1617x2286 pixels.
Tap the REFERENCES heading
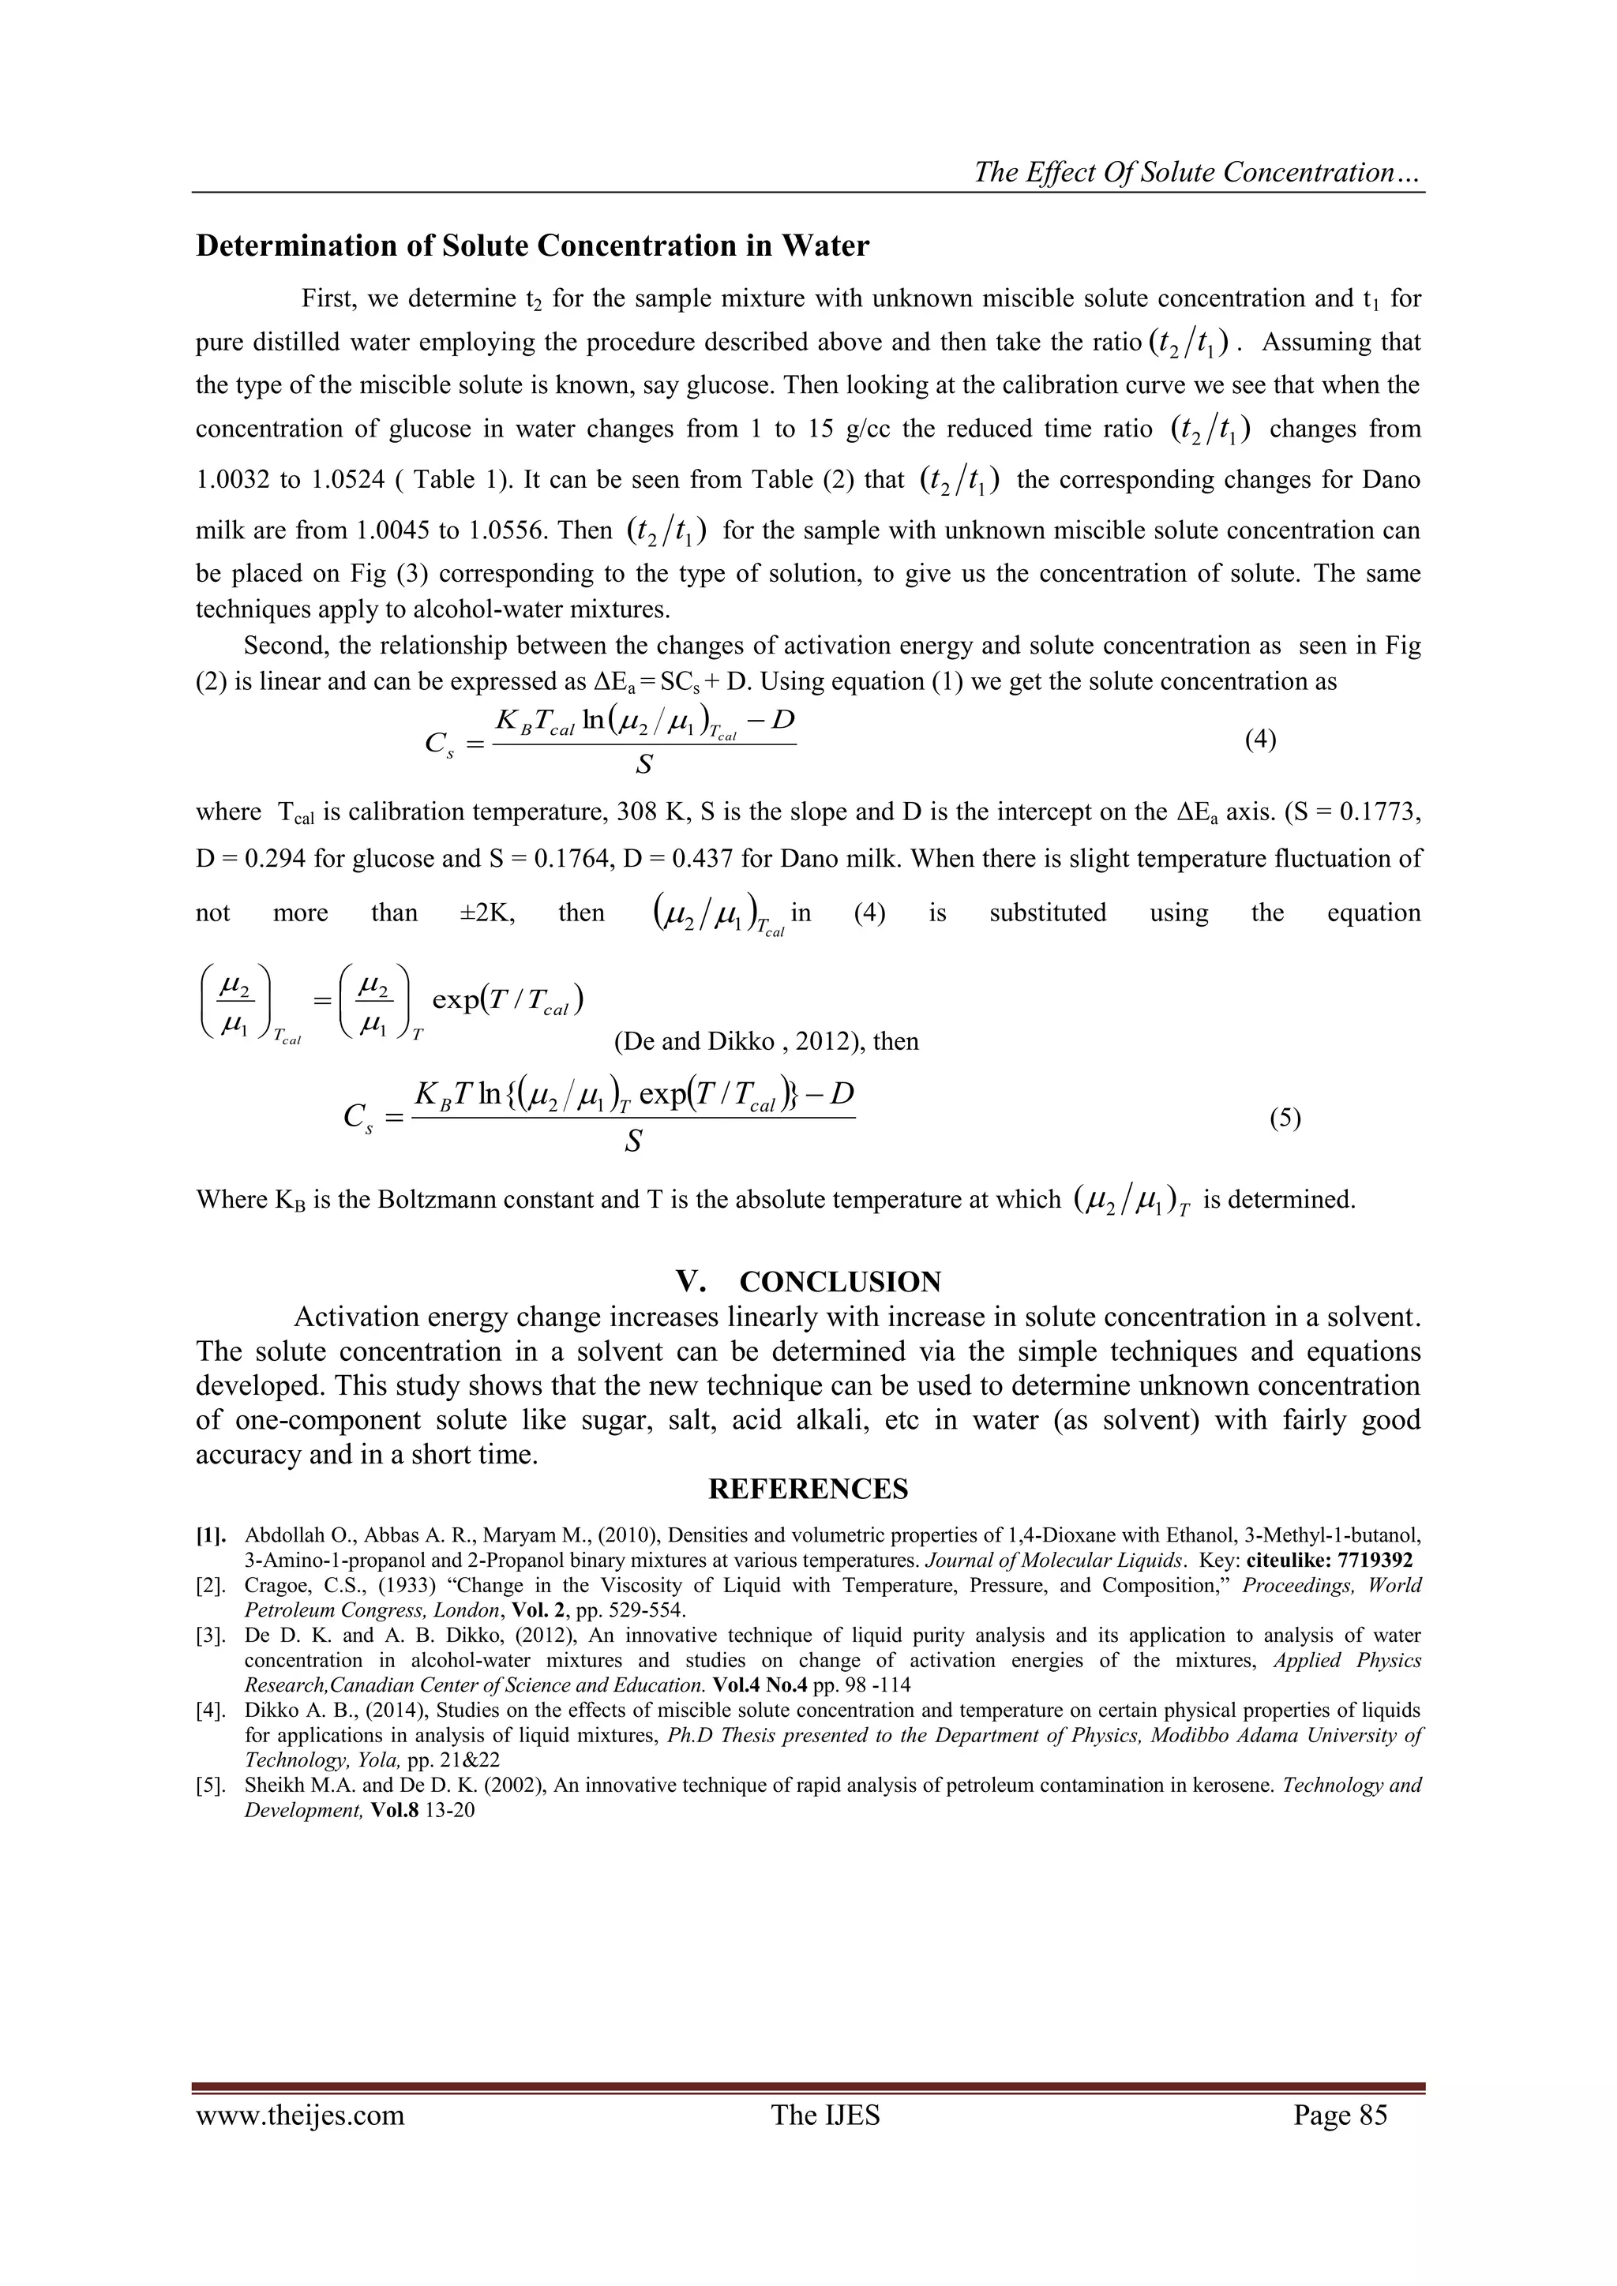click(808, 1490)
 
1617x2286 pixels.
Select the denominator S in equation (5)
click(632, 1142)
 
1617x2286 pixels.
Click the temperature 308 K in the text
click(650, 812)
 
